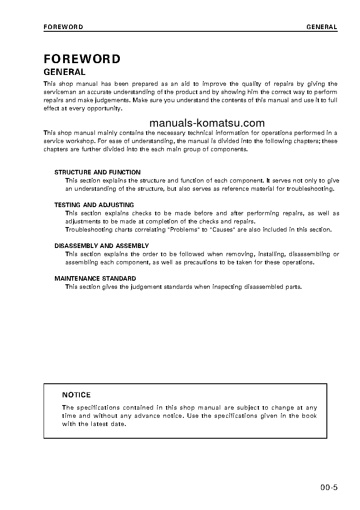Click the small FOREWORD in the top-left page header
pyautogui.click(x=63, y=27)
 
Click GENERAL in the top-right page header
pyautogui.click(x=322, y=27)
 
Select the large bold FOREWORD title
pyautogui.click(x=82, y=59)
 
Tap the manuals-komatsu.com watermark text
pyautogui.click(x=207, y=123)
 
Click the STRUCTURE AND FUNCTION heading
pyautogui.click(x=98, y=172)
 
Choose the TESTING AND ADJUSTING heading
pyautogui.click(x=94, y=205)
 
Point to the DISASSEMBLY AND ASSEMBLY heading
pyautogui.click(x=102, y=246)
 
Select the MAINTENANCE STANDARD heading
pyautogui.click(x=95, y=278)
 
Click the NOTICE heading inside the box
pyautogui.click(x=76, y=395)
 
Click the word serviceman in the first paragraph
pyautogui.click(x=60, y=92)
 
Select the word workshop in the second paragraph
pyautogui.click(x=82, y=141)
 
